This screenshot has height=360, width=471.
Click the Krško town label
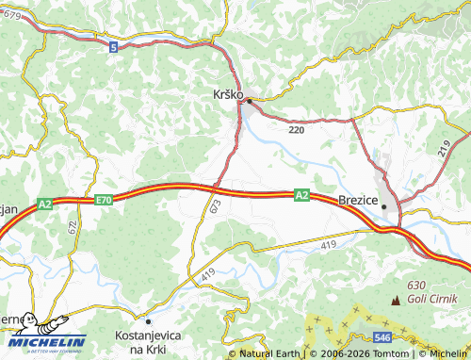point(224,95)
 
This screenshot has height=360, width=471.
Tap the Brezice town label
point(357,200)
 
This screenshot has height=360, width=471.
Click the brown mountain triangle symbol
point(395,300)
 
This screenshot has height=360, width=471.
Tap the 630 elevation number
point(416,286)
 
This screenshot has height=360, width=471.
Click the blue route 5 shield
point(113,46)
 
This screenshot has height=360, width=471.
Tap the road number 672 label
point(73,226)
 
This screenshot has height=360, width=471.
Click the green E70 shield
point(104,200)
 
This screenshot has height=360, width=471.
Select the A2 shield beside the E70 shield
point(46,203)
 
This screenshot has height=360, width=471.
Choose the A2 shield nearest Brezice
point(300,195)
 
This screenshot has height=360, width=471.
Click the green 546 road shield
point(382,336)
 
